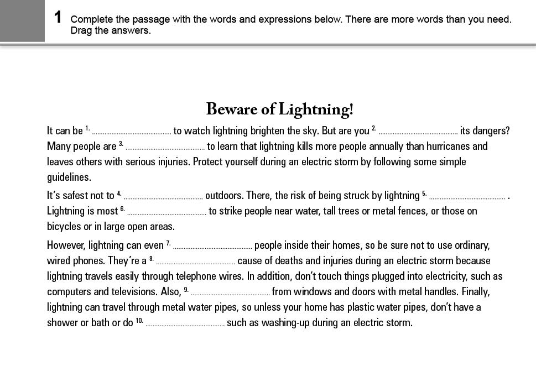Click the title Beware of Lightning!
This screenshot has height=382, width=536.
pos(279,109)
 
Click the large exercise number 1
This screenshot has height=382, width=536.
pos(58,17)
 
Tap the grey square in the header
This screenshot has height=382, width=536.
pos(22,20)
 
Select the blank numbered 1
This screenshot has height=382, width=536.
pos(132,132)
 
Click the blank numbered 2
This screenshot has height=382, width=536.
pos(418,132)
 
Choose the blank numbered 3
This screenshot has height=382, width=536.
pos(165,148)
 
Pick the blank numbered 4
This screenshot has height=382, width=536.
pos(163,196)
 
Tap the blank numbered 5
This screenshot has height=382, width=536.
pos(467,196)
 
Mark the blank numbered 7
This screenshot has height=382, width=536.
pos(212,246)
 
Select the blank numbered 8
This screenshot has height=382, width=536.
pos(195,261)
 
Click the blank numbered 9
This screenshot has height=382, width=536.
pos(230,292)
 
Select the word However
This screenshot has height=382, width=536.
pos(66,245)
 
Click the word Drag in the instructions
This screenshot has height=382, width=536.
pos(81,30)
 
